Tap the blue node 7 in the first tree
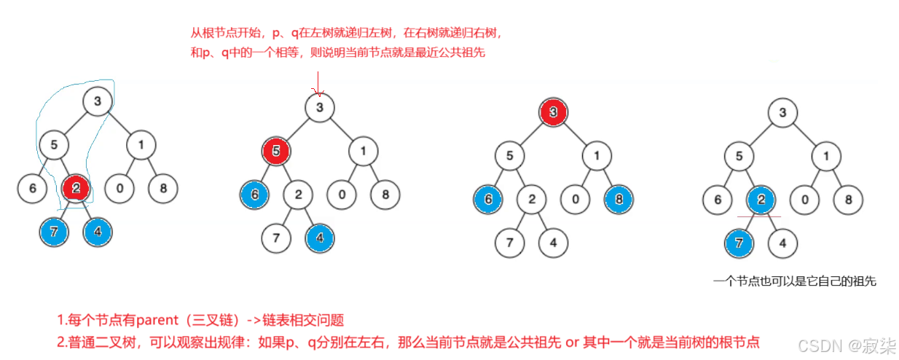54,232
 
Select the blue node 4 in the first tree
98,232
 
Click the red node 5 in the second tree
276,152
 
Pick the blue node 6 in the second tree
254,195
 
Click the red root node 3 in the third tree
553,112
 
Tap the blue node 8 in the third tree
618,198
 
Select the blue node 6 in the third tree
487,198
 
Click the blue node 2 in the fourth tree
761,199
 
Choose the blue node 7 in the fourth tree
739,243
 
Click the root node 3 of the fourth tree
783,113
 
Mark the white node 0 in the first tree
119,189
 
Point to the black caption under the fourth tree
793,281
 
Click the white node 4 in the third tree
553,242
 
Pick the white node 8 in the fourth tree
848,199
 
